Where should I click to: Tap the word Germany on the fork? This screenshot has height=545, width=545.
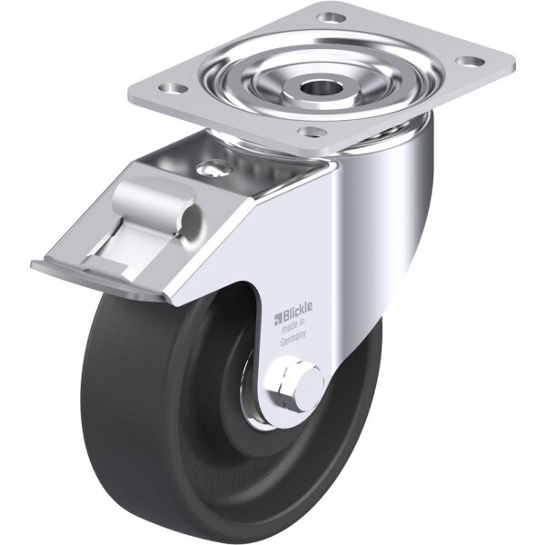[292, 339]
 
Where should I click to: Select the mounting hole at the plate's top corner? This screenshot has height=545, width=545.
[331, 16]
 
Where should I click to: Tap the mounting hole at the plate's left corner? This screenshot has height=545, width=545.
[174, 88]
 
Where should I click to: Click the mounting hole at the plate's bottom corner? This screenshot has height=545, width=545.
[312, 132]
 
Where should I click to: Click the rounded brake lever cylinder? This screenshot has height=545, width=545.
[157, 204]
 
